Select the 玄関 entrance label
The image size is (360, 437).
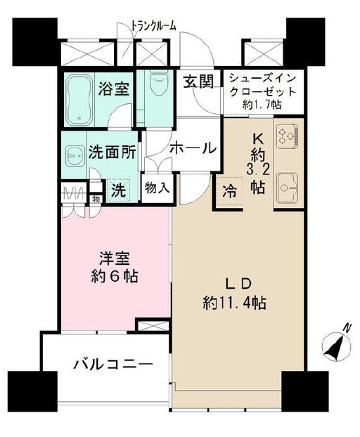(198, 81)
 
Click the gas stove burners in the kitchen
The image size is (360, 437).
(287, 136)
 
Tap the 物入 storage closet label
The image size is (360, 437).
(156, 188)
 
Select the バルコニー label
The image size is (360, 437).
(112, 365)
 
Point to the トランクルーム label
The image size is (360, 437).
(153, 26)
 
